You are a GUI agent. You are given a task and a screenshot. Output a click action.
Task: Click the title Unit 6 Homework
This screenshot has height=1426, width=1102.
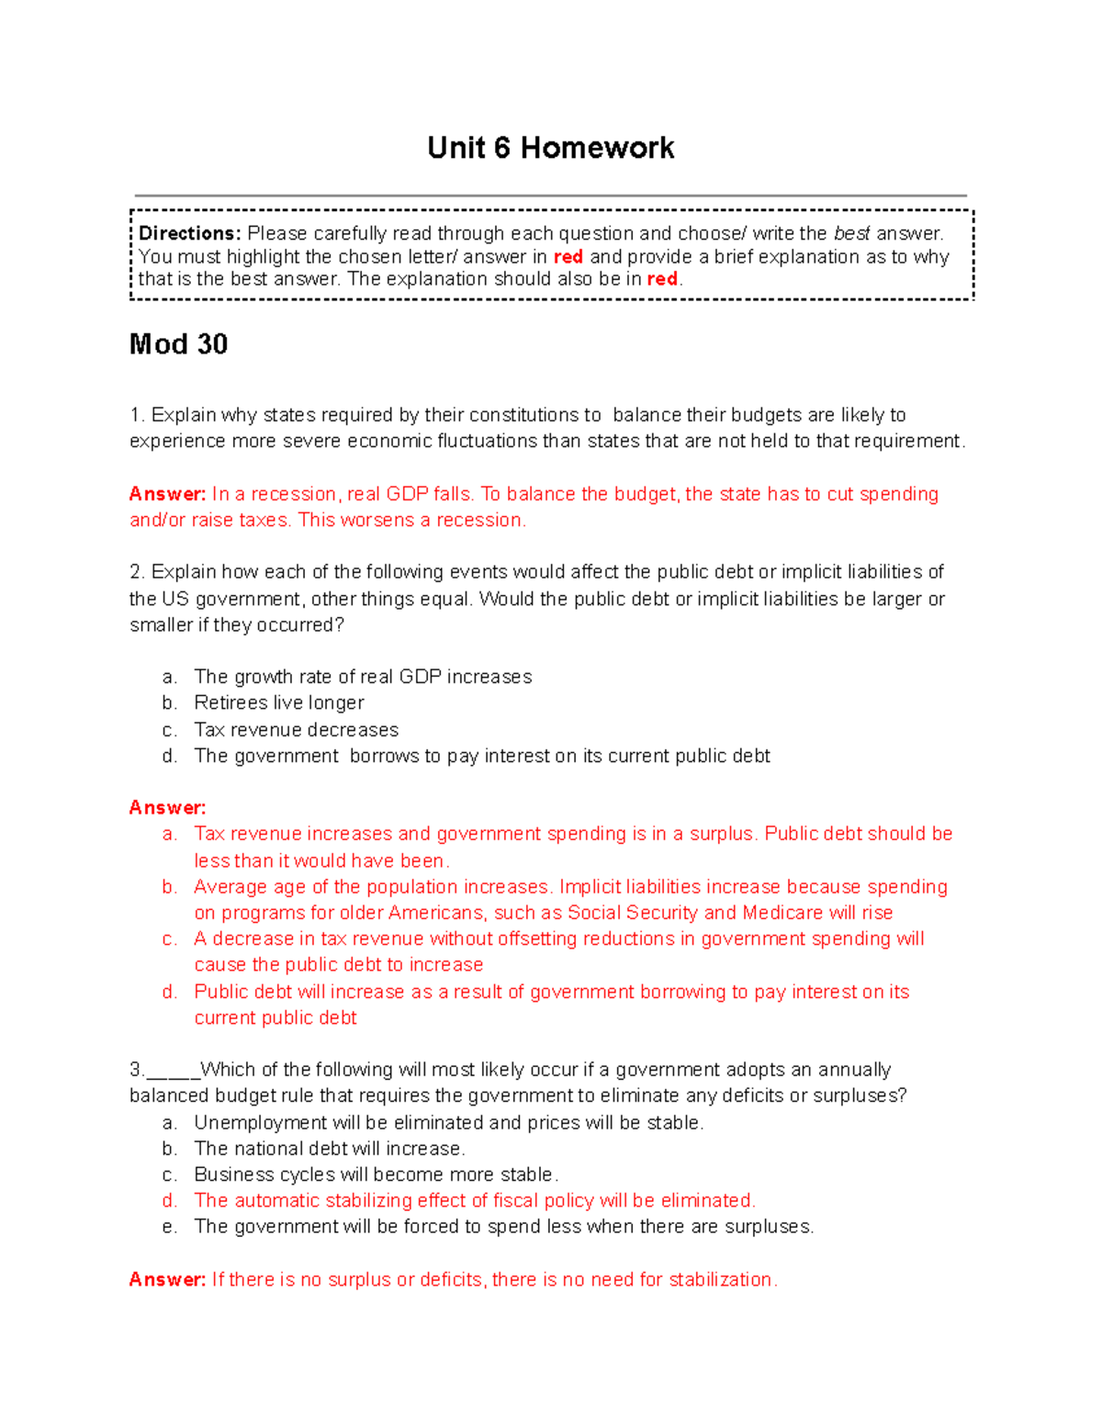pyautogui.click(x=550, y=148)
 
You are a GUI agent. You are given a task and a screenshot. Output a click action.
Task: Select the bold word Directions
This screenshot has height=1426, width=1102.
pyautogui.click(x=188, y=233)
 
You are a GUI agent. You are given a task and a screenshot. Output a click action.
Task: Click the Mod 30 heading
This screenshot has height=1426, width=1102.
pyautogui.click(x=178, y=344)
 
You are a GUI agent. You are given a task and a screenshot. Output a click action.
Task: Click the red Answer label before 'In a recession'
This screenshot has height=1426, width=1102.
pyautogui.click(x=167, y=494)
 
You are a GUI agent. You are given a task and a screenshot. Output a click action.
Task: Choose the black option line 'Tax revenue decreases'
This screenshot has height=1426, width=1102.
pyautogui.click(x=296, y=730)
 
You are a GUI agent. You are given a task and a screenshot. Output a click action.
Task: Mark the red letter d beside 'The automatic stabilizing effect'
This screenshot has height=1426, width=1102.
pyautogui.click(x=169, y=1201)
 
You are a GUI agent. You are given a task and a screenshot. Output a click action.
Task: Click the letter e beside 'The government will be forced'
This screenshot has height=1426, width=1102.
pyautogui.click(x=169, y=1228)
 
